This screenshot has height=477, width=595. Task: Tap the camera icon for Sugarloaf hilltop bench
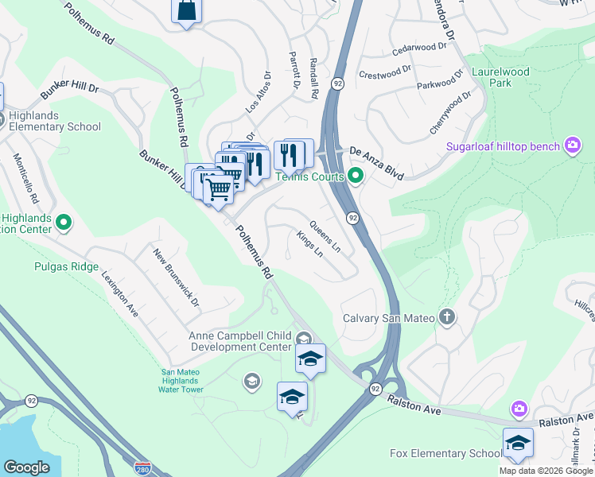tap(571, 145)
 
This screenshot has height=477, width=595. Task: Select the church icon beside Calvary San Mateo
tap(446, 318)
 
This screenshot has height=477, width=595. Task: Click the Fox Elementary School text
tap(445, 453)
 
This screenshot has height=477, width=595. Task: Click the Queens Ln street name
tap(325, 236)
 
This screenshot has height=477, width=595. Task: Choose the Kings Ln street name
tap(309, 245)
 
